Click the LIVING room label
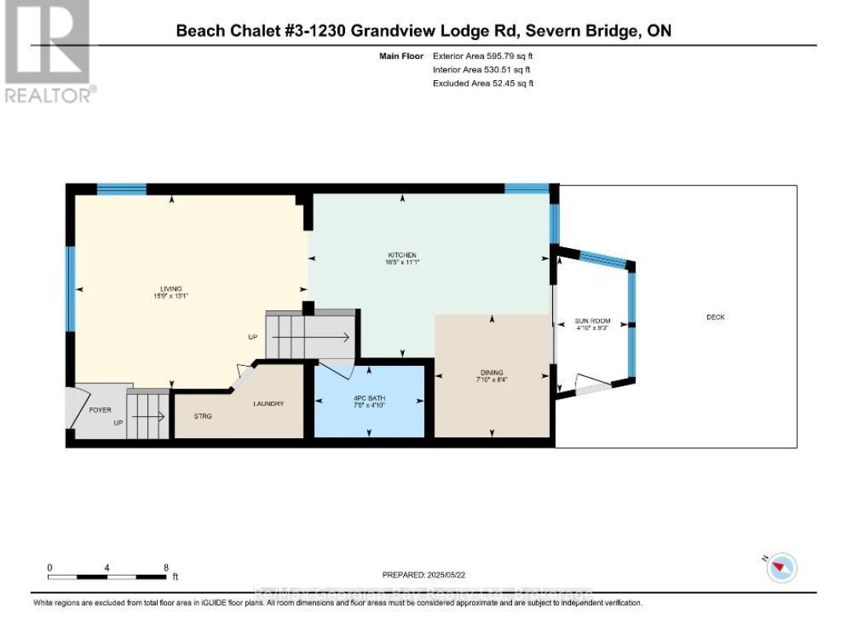coord(171,288)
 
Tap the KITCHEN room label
coord(402,255)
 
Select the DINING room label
coord(492,373)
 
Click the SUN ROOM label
coord(593,323)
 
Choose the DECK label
coord(715,318)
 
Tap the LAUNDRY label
coord(267,404)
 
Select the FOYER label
coord(100,410)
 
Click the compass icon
coord(782,567)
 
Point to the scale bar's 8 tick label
coord(166,567)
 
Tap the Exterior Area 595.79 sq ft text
coord(483,57)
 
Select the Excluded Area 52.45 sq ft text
coord(483,83)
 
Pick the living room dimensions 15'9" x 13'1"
coord(171,296)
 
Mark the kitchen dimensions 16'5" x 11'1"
coord(402,263)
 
